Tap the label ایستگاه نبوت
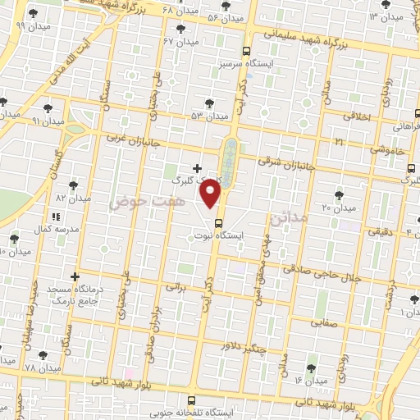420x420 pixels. pos(240,235)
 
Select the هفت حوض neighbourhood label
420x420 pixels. pos(138,199)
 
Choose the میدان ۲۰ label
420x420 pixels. pos(338,208)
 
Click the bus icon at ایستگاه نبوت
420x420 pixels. pos(218,222)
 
